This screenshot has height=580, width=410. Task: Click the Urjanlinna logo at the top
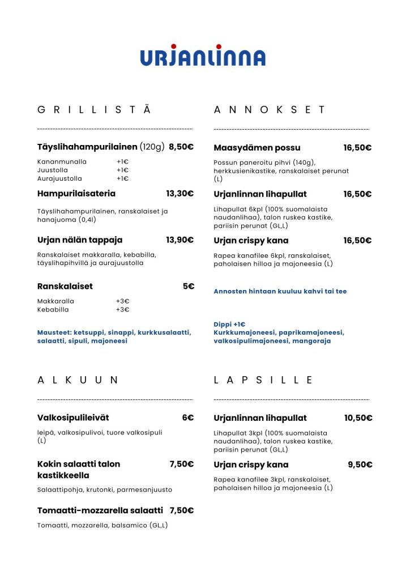coord(203,56)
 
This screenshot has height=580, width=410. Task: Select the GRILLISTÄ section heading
coord(94,110)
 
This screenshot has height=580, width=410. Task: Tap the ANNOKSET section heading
coord(270,110)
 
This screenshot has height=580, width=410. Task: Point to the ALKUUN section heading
coord(78,380)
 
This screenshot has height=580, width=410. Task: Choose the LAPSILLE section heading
coord(263,380)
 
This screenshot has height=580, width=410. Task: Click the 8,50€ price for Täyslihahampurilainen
coord(181,147)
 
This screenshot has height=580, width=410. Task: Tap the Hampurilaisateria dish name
coord(76,194)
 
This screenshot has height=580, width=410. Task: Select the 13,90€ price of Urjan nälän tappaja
coord(180,240)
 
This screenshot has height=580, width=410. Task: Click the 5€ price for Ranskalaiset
coord(188,287)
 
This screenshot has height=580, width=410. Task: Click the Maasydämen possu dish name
coord(257,148)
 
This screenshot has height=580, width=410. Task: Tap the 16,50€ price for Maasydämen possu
coord(357,148)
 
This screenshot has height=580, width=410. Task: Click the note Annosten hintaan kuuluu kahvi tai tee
coord(280,291)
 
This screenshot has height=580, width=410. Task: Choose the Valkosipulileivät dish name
coord(73,418)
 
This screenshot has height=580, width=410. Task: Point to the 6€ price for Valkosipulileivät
coord(188,418)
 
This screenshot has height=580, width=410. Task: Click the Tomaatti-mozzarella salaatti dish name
coord(100,510)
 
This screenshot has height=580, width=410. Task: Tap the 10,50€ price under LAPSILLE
coord(358,418)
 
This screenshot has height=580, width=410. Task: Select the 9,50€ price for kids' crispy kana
coord(360,464)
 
